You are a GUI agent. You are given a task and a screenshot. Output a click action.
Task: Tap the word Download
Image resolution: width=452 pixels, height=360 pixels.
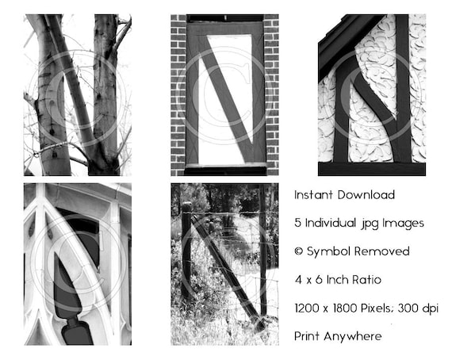(x=366, y=195)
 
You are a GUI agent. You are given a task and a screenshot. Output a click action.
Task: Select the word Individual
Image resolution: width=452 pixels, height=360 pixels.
(x=331, y=223)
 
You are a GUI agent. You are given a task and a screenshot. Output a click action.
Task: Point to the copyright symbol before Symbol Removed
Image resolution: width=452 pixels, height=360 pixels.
(x=299, y=251)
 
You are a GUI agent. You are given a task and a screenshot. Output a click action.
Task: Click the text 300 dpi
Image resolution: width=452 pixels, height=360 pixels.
(x=418, y=308)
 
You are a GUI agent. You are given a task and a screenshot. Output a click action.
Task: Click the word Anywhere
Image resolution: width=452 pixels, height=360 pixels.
(x=353, y=336)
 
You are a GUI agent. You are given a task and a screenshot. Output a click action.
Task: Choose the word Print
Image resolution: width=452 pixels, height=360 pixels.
(x=307, y=336)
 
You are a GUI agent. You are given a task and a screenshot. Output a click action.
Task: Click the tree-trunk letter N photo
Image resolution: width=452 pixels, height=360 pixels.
(x=78, y=95)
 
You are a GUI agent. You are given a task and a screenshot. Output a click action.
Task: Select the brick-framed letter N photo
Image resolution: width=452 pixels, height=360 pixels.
(x=225, y=95)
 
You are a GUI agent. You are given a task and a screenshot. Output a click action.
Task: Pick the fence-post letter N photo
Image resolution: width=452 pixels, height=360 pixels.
(x=225, y=264)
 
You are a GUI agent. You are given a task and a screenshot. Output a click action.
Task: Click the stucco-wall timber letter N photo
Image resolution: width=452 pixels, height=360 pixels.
(x=372, y=95)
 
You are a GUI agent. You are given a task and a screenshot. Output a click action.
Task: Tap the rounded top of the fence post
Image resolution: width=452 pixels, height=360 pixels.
(x=187, y=205)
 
